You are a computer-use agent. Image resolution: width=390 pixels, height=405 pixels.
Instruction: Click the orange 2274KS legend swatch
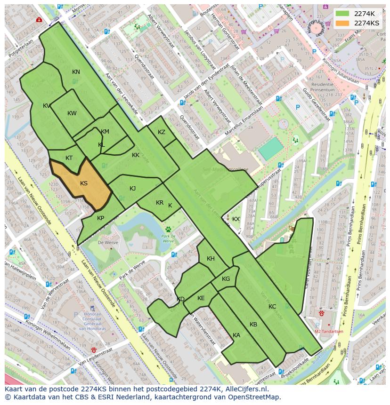342,23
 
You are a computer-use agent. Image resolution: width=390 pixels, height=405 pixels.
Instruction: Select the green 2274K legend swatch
342,14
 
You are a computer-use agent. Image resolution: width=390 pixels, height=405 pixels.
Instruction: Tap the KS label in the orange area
84,183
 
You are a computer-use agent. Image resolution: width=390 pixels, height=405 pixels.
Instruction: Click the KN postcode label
76,72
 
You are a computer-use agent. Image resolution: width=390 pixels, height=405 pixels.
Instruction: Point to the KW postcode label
72,113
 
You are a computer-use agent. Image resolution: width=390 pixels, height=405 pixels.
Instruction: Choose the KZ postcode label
162,132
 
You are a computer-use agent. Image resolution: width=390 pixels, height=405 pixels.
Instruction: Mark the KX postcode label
236,219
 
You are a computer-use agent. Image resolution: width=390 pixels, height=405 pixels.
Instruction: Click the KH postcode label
211,259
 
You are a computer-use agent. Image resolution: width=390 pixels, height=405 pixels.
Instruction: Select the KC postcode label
272,307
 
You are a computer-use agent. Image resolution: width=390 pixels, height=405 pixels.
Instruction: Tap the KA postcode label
236,335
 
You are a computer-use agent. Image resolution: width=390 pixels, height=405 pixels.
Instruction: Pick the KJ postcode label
133,189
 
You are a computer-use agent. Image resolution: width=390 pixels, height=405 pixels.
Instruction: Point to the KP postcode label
100,218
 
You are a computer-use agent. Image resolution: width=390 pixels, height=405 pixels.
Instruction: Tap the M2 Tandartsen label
329,331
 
